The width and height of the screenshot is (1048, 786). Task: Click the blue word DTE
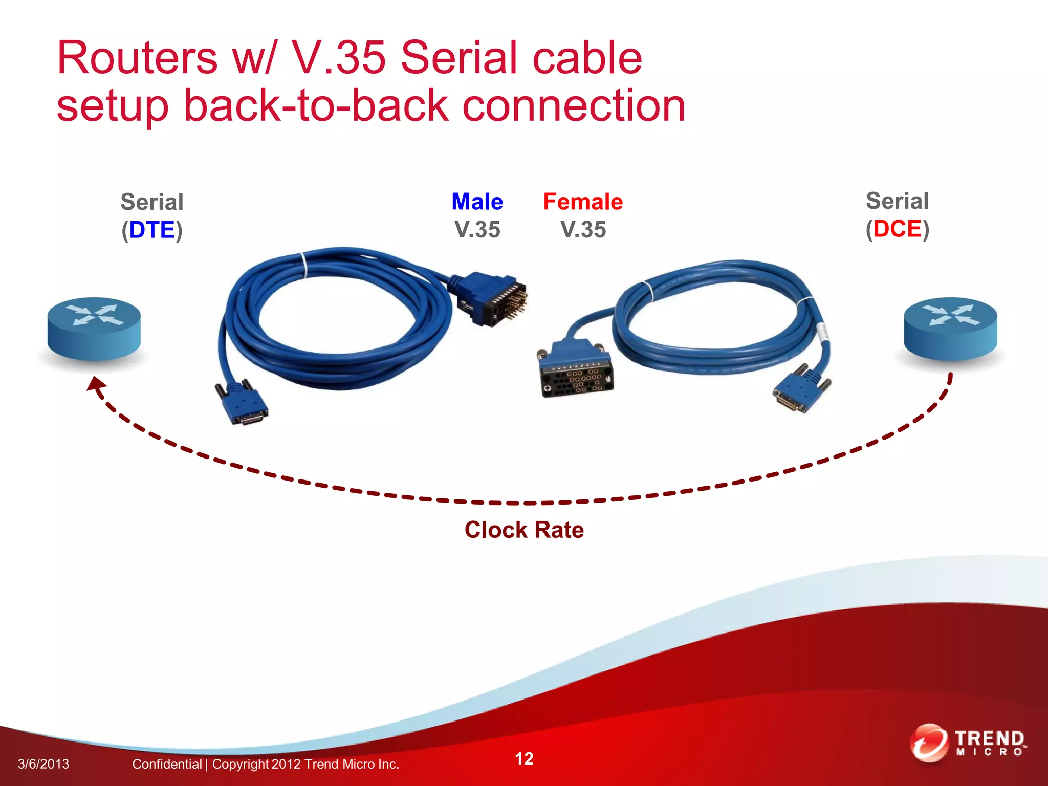152,230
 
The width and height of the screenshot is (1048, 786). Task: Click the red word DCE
897,229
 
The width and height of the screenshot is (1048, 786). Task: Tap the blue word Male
477,202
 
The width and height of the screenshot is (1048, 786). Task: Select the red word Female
583,202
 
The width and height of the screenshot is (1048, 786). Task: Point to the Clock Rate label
524,530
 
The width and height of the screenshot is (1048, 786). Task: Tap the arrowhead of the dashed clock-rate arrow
96,384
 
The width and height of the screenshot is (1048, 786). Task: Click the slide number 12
524,758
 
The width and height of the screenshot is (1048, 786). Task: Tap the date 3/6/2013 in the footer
43,764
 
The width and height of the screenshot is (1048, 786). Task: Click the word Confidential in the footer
167,764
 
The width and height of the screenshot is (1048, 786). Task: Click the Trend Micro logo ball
929,743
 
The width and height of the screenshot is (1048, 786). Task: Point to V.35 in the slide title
338,58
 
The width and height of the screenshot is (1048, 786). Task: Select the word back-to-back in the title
316,105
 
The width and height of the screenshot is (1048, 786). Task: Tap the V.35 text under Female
583,229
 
